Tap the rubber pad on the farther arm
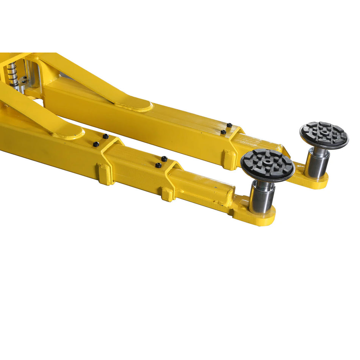pyautogui.click(x=324, y=135)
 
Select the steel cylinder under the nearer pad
pyautogui.click(x=261, y=199)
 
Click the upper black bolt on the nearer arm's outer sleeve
pyautogui.click(x=106, y=136)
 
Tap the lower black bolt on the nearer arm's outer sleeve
pyautogui.click(x=96, y=144)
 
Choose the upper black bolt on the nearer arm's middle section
pyautogui.click(x=164, y=159)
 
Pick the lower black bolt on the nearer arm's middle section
pyautogui.click(x=158, y=165)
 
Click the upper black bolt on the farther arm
pyautogui.click(x=229, y=125)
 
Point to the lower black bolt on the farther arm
pyautogui.click(x=223, y=132)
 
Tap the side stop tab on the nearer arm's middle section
pyautogui.click(x=167, y=194)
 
